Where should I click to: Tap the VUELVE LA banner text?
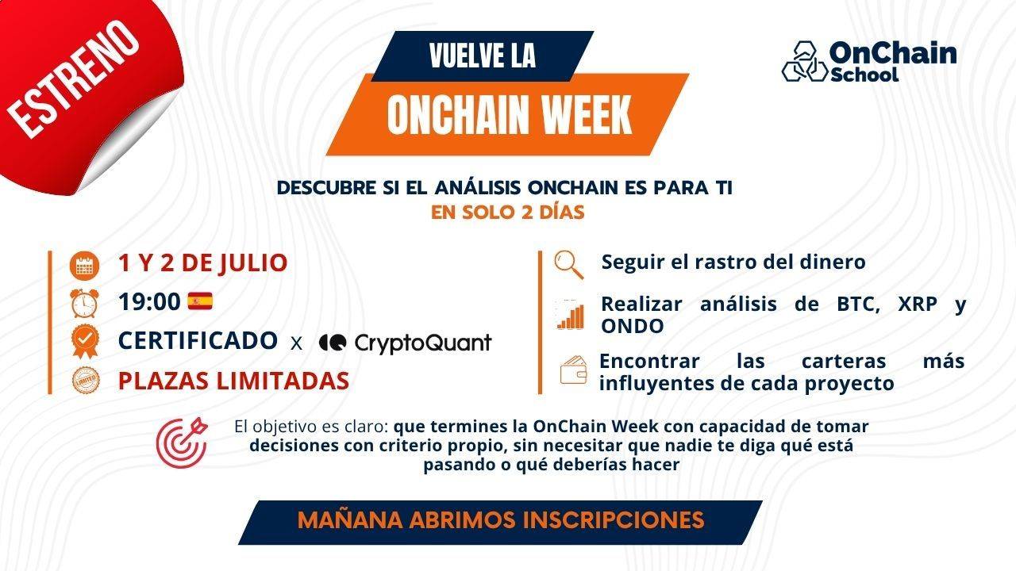482,56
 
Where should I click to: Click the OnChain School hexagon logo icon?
804,63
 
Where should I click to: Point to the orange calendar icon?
83,265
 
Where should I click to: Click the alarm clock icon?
83,302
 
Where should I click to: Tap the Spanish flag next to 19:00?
200,301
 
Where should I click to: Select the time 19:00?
149,302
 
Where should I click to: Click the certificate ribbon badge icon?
83,341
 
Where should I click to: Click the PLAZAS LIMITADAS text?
233,381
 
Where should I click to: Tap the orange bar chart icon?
570,316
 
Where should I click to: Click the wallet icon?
573,370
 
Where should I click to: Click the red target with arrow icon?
183,441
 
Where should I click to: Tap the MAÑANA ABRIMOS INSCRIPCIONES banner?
501,520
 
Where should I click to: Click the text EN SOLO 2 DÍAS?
507,213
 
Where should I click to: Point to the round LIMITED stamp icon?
83,381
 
